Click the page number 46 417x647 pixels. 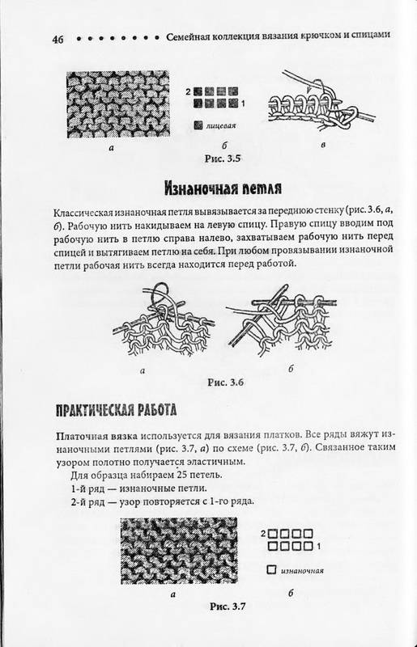click(57, 39)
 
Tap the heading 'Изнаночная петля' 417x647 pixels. click(223, 188)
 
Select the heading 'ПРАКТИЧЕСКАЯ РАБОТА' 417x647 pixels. click(116, 410)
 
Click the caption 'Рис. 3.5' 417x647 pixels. click(223, 159)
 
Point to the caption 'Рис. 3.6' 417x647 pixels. click(226, 382)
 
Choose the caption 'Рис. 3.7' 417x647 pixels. click(228, 606)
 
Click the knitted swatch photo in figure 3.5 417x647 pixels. click(117, 104)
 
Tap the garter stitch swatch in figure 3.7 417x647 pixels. click(178, 551)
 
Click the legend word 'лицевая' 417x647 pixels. click(221, 125)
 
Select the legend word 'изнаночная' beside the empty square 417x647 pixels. click(302, 571)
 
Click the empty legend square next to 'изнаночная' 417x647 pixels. click(271, 570)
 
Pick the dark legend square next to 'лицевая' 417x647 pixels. click(198, 125)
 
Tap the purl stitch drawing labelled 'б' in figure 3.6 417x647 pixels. click(283, 319)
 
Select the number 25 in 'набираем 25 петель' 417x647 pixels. click(182, 475)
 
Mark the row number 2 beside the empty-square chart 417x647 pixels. click(263, 534)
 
